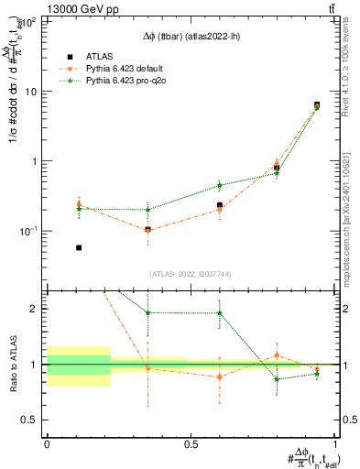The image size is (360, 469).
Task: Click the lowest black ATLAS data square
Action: (79, 247)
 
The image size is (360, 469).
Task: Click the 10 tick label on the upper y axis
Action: (30, 92)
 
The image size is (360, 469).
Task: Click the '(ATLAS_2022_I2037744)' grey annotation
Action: (191, 274)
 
